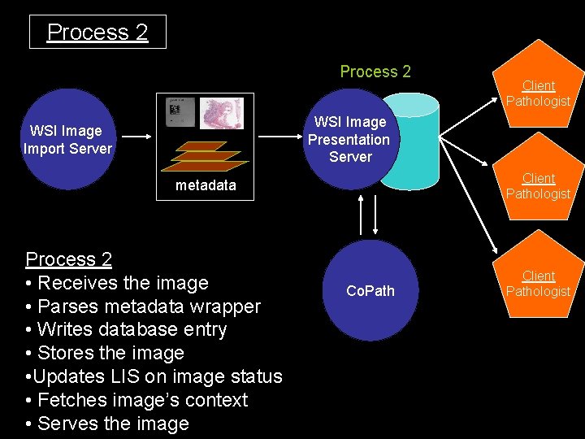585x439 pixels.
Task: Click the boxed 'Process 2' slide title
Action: click(x=97, y=32)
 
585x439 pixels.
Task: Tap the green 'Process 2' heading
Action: click(x=375, y=72)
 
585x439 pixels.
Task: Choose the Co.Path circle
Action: click(x=370, y=290)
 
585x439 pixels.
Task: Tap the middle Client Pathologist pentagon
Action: click(x=538, y=185)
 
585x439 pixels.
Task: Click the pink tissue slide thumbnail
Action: click(x=222, y=113)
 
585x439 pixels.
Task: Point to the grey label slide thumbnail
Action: click(x=179, y=112)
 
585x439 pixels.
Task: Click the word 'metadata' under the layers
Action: click(x=206, y=185)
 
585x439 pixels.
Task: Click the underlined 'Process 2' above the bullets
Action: click(x=69, y=259)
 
